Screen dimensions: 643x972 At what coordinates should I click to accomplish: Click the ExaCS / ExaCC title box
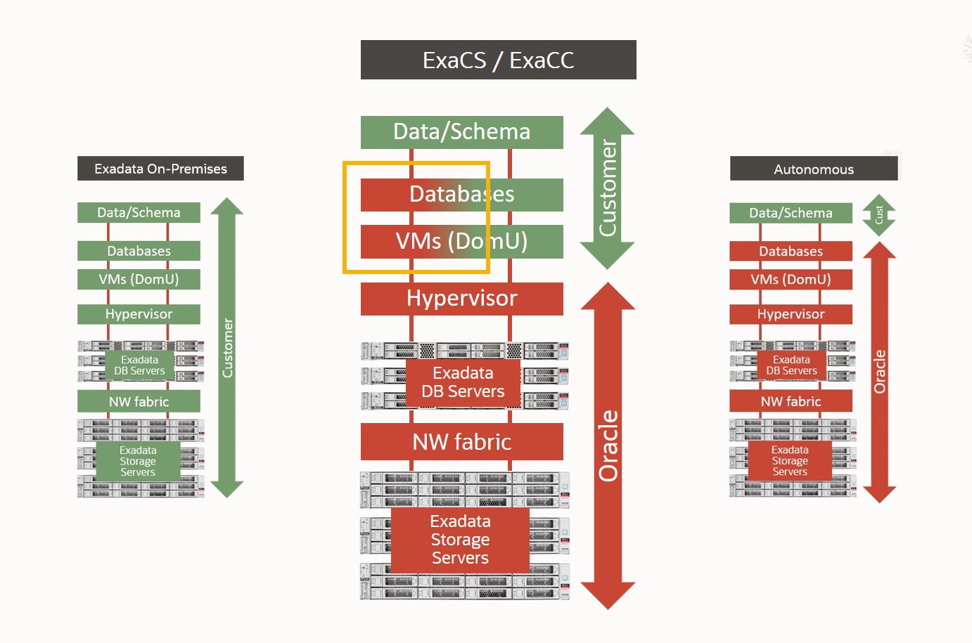coord(498,60)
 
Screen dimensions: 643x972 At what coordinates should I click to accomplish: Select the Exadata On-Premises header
coord(160,169)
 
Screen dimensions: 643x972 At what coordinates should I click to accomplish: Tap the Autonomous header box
coord(814,169)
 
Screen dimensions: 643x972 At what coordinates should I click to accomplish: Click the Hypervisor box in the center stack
coord(461,299)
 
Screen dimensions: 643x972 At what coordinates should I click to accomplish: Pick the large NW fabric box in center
coord(461,442)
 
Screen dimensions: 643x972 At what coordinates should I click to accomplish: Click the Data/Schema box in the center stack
coord(461,132)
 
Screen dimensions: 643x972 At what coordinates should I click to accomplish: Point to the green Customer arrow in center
coord(607,188)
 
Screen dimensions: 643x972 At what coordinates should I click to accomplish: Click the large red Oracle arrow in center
coord(608,446)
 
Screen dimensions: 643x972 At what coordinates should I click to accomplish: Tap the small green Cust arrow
coord(878,215)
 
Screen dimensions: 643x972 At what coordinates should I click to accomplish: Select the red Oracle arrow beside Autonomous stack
coord(879,372)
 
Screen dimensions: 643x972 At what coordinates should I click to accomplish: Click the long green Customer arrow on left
coord(227,348)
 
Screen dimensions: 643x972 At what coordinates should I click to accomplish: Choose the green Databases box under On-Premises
coord(139,251)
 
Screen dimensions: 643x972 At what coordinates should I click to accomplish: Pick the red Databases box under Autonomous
coord(791,251)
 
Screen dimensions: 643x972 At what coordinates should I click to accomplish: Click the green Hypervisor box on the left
coord(139,314)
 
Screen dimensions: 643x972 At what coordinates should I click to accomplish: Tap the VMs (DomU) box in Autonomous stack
coord(791,280)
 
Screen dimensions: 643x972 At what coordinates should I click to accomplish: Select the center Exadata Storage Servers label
coord(460,540)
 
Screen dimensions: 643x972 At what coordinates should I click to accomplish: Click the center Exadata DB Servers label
coord(463,382)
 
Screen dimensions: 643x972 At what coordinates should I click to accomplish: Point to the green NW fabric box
coord(139,402)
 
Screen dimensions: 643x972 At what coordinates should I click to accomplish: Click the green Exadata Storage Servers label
coord(138,461)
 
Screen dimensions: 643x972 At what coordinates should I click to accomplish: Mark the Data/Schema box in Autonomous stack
coord(791,213)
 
